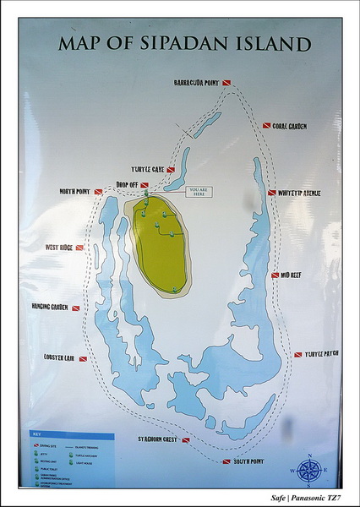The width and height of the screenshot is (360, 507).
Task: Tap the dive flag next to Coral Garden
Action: click(x=266, y=126)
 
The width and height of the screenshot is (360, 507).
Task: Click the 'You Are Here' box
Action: click(x=199, y=191)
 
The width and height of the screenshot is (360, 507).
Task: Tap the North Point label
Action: click(x=74, y=192)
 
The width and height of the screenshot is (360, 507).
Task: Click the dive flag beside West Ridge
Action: click(x=79, y=248)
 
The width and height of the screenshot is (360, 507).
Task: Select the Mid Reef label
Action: click(x=292, y=275)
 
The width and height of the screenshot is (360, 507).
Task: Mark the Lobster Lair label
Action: click(x=59, y=357)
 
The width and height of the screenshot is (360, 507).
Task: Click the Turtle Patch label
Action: click(x=321, y=353)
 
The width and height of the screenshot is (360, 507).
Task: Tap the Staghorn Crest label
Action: click(x=158, y=439)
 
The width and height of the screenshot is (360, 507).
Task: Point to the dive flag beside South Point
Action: click(x=226, y=461)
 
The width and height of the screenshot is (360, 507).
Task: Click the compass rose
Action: click(x=308, y=470)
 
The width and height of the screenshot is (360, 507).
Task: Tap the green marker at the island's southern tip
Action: click(x=176, y=290)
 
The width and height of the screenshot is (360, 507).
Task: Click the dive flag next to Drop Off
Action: click(x=145, y=184)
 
